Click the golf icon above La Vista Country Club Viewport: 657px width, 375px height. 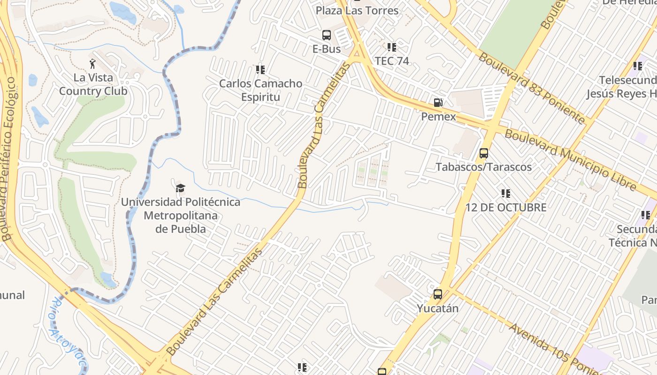click(93, 63)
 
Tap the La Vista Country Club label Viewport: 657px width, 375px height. click(93, 84)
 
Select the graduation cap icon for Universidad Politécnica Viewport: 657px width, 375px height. click(180, 188)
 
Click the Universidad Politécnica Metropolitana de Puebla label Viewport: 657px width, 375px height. click(181, 216)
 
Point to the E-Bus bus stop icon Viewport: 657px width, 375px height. click(327, 35)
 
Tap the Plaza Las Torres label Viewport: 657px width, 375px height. click(357, 10)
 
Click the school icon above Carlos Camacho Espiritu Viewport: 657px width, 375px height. click(260, 70)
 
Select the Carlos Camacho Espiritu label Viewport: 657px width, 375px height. click(260, 90)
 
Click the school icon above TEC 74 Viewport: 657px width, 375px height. click(392, 47)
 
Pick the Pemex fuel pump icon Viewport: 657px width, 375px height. click(438, 103)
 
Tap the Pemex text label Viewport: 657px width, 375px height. click(438, 116)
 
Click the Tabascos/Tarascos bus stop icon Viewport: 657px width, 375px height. click(484, 153)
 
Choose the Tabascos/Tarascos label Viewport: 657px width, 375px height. click(483, 167)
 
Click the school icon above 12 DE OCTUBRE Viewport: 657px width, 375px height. click(506, 194)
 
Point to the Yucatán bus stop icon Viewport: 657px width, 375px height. click(438, 294)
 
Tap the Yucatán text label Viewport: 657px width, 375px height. click(438, 308)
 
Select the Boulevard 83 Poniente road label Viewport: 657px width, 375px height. click(532, 88)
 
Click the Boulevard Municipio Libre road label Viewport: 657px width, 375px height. click(570, 160)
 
